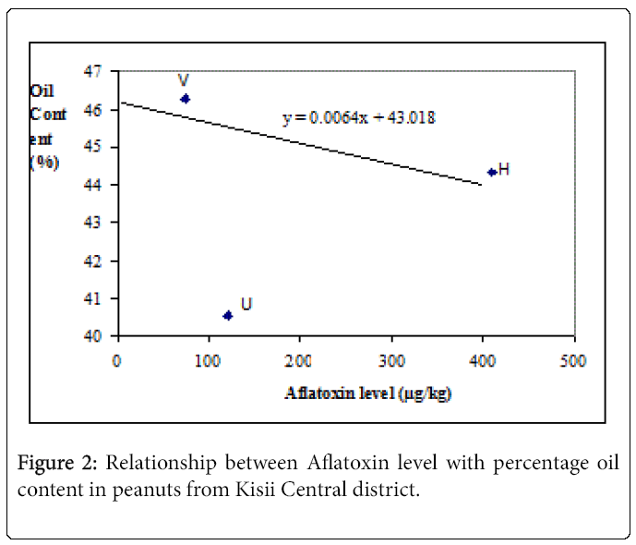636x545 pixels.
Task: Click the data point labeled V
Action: pyautogui.click(x=185, y=98)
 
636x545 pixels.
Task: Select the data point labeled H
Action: pyautogui.click(x=492, y=172)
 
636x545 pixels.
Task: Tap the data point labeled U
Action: pyautogui.click(x=228, y=315)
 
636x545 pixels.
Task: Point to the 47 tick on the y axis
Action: pyautogui.click(x=99, y=71)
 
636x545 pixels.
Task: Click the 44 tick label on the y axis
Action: pyautogui.click(x=99, y=185)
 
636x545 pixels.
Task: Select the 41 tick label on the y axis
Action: pyautogui.click(x=99, y=298)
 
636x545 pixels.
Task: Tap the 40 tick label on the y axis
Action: pyautogui.click(x=99, y=336)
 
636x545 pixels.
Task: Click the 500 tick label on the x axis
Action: pyautogui.click(x=573, y=359)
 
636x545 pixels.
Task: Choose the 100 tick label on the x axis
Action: pyautogui.click(x=208, y=359)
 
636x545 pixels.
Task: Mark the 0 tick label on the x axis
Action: pyautogui.click(x=117, y=359)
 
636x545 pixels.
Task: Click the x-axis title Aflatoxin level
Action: pyautogui.click(x=367, y=393)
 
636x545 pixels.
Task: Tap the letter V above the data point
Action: pyautogui.click(x=185, y=80)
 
